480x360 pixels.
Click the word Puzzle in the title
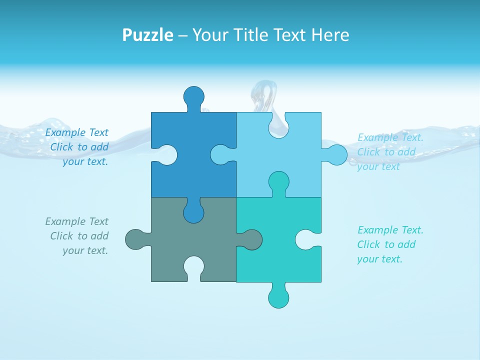[x=147, y=35]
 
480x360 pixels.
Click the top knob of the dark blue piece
[x=193, y=96]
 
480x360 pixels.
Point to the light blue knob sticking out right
[x=336, y=155]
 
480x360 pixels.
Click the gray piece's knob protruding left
[x=135, y=239]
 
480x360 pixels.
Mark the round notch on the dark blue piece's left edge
[x=167, y=155]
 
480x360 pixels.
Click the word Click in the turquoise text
[x=369, y=244]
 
